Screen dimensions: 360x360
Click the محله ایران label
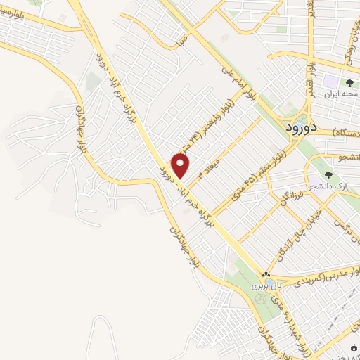(x=340, y=94)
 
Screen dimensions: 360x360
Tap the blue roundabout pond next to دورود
(x=301, y=120)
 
